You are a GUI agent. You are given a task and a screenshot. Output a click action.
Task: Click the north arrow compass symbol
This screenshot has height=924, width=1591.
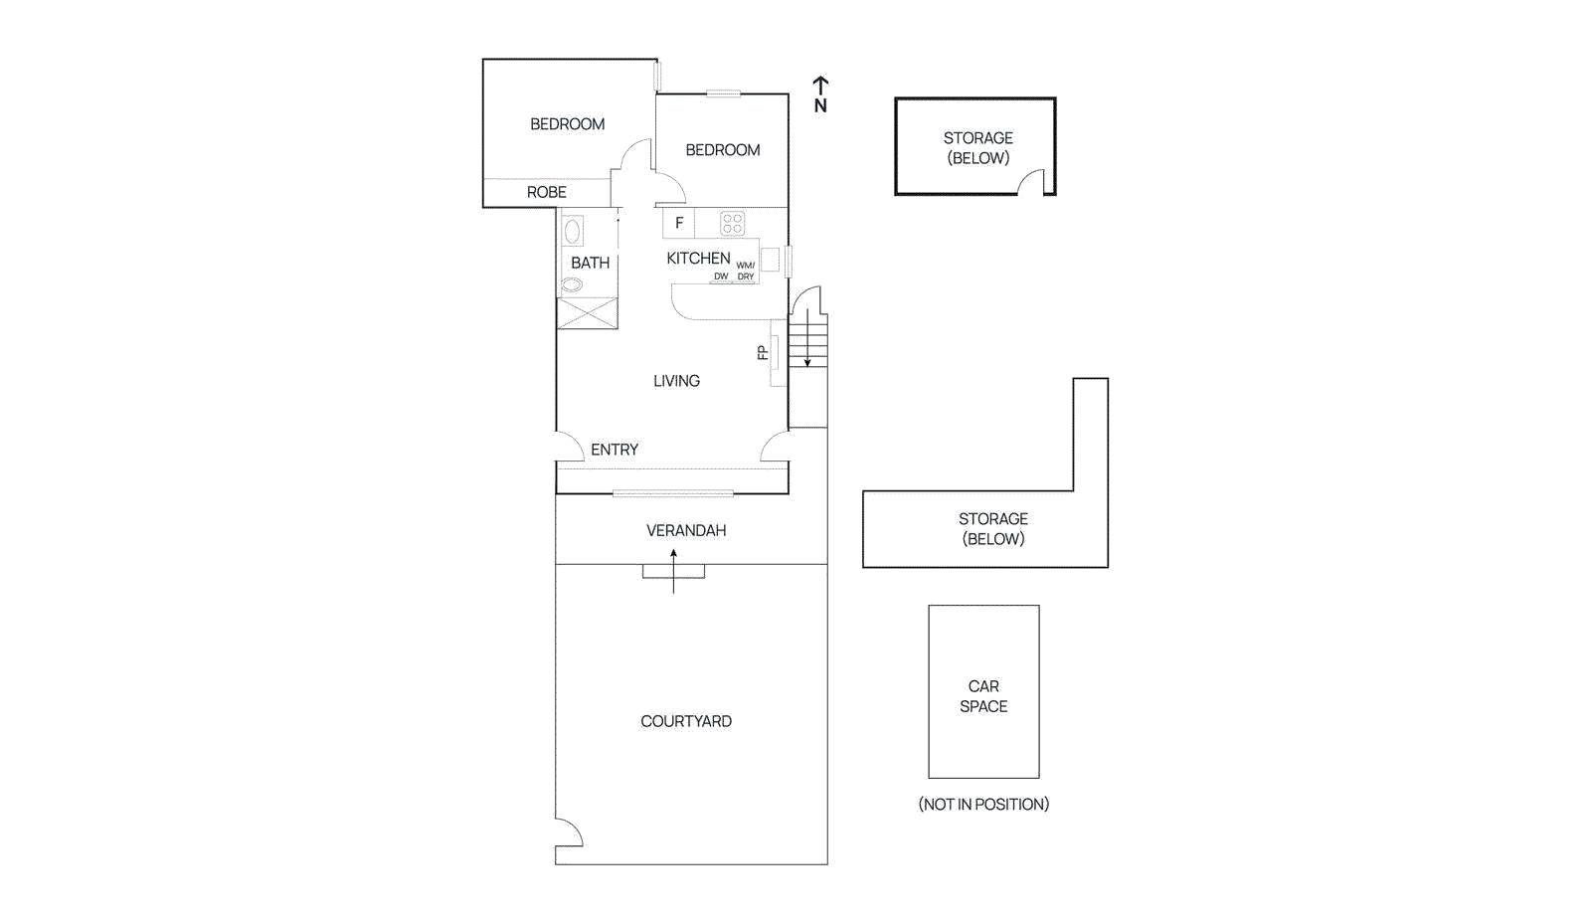(820, 93)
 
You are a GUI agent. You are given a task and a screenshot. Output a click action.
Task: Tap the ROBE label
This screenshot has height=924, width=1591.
(546, 192)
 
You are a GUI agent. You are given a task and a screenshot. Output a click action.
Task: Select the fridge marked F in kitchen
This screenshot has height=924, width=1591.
(679, 223)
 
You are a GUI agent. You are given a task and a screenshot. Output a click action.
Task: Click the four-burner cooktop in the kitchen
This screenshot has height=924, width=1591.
(733, 223)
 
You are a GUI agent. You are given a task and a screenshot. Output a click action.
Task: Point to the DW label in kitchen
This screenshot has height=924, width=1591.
(721, 277)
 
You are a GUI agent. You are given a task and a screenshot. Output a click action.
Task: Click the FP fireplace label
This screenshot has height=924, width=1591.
(763, 352)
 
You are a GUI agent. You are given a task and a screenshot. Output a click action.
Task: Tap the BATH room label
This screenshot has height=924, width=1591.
(590, 263)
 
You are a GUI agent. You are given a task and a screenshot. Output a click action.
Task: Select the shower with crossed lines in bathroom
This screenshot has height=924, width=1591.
(587, 313)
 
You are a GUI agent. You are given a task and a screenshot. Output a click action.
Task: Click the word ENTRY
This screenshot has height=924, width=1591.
(615, 450)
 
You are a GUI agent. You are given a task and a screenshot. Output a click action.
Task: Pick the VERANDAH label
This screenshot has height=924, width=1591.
(686, 530)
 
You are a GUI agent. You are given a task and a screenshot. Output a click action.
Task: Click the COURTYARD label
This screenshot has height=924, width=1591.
(686, 721)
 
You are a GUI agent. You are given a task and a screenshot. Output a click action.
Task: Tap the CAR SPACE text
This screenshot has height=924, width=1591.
(983, 696)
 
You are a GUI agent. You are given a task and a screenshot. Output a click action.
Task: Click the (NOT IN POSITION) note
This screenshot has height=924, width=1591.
(983, 804)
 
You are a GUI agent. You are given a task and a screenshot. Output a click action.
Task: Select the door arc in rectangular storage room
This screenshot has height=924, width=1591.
(1032, 182)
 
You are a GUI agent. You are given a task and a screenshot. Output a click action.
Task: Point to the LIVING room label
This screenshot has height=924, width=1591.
(676, 381)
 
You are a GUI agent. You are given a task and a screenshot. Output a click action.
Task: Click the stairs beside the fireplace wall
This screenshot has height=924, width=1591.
(808, 340)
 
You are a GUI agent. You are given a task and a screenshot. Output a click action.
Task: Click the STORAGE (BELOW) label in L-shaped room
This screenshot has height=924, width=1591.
(992, 528)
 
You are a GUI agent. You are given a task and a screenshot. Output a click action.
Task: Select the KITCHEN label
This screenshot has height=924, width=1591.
(698, 258)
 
